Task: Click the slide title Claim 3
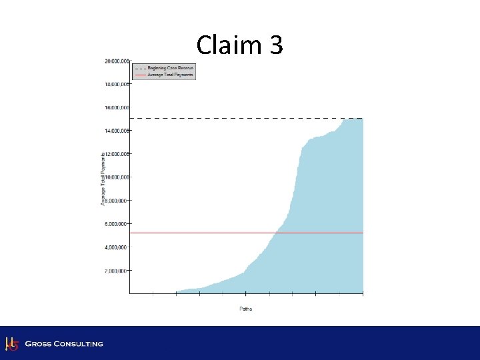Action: [x=240, y=45]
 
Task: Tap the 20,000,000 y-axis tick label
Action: [x=116, y=61]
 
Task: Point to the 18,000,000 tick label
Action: [x=116, y=85]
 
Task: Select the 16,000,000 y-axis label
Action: [x=116, y=107]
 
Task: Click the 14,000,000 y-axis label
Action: [x=116, y=131]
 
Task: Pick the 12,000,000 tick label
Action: [x=116, y=154]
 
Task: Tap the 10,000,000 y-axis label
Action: [x=116, y=177]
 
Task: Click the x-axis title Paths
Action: [x=245, y=309]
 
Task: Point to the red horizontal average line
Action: [x=200, y=233]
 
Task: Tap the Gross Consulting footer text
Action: [x=64, y=344]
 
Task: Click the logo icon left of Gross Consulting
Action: [x=11, y=343]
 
